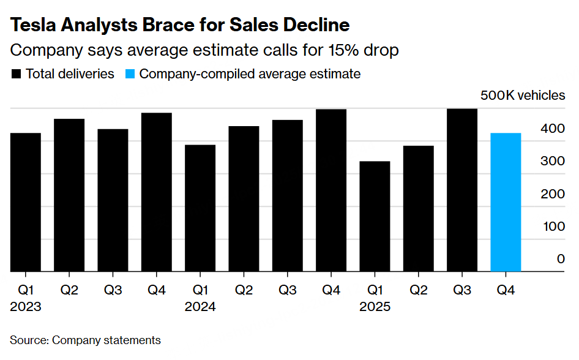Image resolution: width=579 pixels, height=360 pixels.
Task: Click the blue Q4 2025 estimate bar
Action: pos(506,202)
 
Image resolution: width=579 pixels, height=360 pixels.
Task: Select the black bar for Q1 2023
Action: pos(25,202)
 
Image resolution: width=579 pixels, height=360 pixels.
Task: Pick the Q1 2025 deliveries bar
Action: pos(375,216)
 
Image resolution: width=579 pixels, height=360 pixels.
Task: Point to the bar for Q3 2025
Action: pos(462,190)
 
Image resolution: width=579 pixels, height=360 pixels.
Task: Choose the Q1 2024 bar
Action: pos(200,208)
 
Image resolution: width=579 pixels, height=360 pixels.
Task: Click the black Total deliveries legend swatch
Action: pos(16,74)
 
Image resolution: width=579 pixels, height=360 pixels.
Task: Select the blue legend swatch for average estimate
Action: pos(130,74)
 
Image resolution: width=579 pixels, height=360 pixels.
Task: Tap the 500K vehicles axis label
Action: pos(523,96)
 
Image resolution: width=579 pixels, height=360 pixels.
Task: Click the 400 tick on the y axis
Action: pos(553,129)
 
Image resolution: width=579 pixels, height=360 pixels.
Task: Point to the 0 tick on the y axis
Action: pos(561,259)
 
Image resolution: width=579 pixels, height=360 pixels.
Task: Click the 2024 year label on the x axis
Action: pos(200,307)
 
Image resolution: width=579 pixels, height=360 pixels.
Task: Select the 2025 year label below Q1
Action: pos(375,307)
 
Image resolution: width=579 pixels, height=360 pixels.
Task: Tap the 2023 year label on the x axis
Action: pos(26,307)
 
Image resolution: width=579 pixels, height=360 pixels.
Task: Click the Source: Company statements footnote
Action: pos(85,340)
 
